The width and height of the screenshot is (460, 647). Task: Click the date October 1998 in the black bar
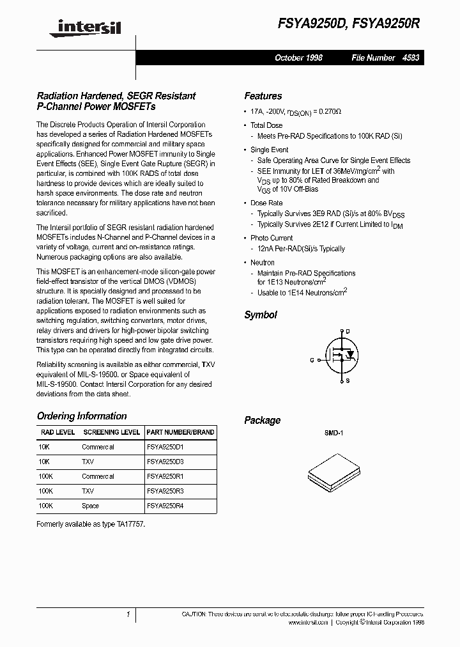[x=298, y=58]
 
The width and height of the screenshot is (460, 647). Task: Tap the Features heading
[x=263, y=96]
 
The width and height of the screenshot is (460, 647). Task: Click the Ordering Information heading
[x=82, y=416]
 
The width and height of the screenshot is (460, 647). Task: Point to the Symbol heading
[x=261, y=315]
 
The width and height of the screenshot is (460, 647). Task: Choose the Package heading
[x=262, y=420]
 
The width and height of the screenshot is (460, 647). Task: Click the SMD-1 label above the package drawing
[x=333, y=433]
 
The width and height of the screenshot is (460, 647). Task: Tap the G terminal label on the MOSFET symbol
[x=312, y=360]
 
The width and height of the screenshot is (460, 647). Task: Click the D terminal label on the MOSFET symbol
[x=348, y=331]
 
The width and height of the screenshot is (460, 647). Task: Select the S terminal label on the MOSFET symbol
[x=348, y=381]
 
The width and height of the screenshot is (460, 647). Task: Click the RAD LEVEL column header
[x=57, y=432]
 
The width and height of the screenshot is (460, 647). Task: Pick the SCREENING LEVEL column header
[x=111, y=432]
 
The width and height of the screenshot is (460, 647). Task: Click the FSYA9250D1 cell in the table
[x=165, y=448]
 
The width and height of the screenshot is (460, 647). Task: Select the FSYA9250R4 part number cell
[x=165, y=506]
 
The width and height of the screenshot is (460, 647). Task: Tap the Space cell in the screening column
[x=90, y=506]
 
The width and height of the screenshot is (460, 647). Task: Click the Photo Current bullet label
[x=271, y=238]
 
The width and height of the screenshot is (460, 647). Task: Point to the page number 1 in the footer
[x=128, y=614]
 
